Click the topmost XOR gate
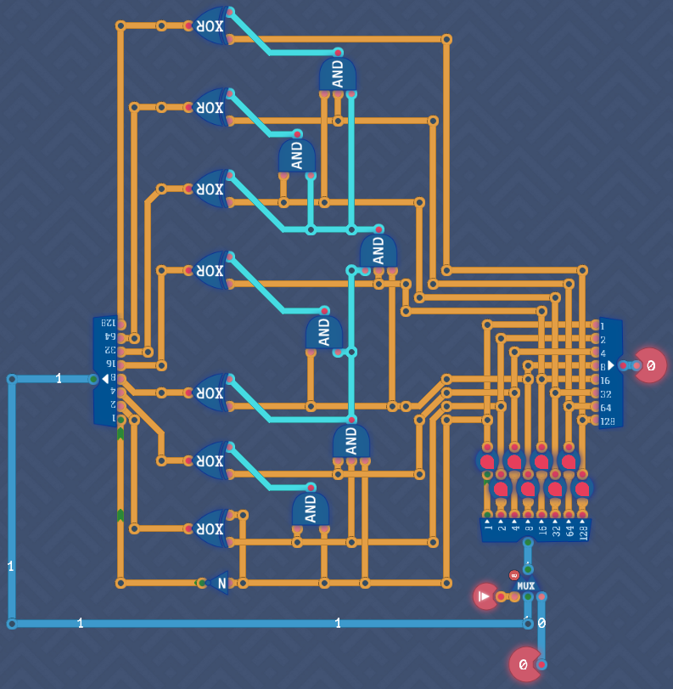tap(210, 25)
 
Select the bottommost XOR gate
tap(210, 528)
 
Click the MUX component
tap(526, 585)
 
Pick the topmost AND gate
tap(338, 76)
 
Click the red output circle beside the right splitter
tap(650, 365)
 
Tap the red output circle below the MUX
tap(525, 664)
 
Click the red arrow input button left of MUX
tap(485, 596)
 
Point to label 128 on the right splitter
tap(607, 421)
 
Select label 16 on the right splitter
tap(604, 381)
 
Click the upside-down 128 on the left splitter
tap(108, 324)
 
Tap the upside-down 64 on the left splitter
tap(109, 337)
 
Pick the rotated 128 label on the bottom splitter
tap(583, 531)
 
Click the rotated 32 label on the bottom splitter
tap(556, 531)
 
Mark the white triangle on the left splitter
tap(105, 378)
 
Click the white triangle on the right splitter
tap(610, 365)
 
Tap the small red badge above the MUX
tap(513, 575)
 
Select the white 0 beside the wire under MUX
tap(541, 623)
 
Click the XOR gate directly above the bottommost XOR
tap(210, 460)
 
